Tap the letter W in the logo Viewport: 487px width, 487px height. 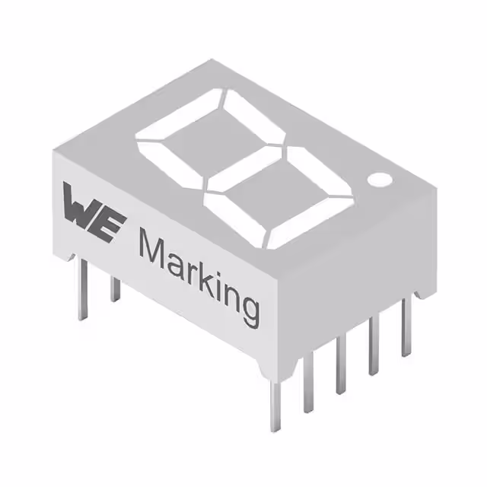82,205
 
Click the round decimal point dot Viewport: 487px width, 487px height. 380,180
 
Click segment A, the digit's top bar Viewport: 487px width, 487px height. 180,116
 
